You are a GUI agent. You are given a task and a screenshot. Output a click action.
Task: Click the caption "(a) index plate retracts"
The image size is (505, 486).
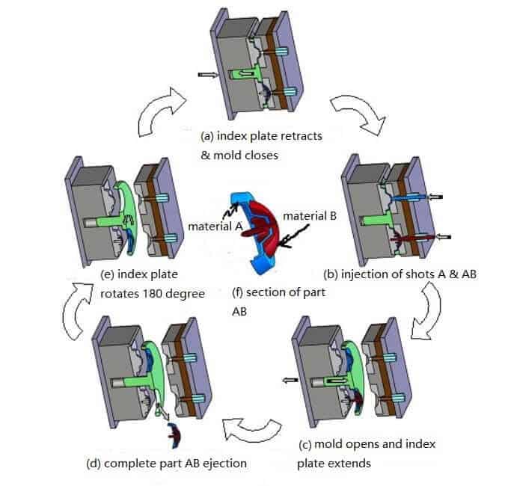pos(261,137)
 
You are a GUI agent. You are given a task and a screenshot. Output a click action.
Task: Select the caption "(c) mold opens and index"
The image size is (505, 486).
pos(366,444)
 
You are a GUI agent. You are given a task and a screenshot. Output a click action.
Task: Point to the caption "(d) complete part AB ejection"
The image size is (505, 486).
pos(166,463)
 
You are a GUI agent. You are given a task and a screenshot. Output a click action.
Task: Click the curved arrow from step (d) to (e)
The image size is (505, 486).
pos(75,307)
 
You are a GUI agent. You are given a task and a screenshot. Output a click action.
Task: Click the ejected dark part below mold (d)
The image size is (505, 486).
pos(177,431)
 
